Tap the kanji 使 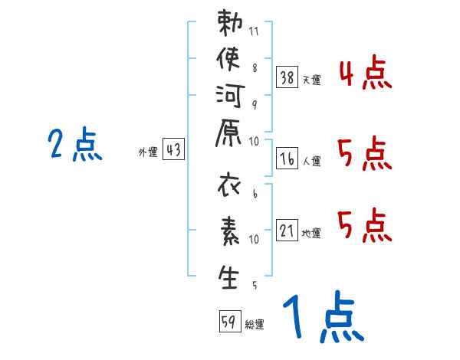coord(228,59)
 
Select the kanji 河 coord(230,96)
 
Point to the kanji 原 coord(228,133)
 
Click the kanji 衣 coord(229,185)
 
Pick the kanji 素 coord(230,231)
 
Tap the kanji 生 coord(228,277)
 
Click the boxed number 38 coord(287,77)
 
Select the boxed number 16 coord(287,159)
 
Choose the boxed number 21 coord(287,230)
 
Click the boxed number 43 coord(174,149)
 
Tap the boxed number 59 coord(230,321)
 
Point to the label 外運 coord(148,152)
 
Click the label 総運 coord(255,325)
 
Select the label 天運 coord(312,80)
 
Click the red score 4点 coord(365,73)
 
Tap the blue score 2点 coord(75,144)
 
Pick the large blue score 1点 coord(324,316)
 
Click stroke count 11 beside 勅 coord(254,31)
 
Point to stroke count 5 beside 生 coord(255,285)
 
